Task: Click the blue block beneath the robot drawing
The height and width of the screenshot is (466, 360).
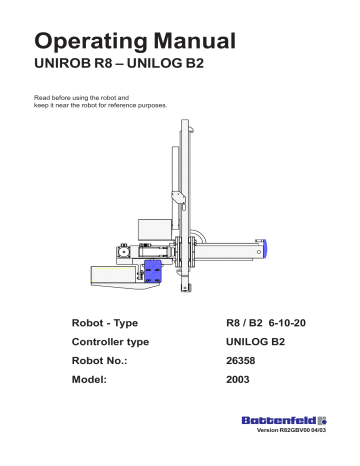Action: pos(153,272)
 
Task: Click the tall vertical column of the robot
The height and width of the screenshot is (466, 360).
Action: pos(184,200)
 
